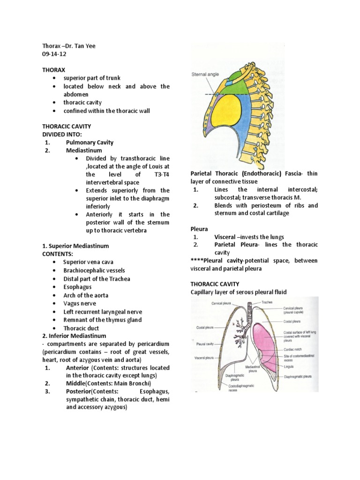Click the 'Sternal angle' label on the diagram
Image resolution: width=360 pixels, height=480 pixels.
click(204, 74)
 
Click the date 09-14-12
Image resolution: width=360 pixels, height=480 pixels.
click(55, 54)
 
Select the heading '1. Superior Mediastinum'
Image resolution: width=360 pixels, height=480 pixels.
click(75, 246)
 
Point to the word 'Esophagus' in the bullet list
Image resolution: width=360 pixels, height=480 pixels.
click(78, 286)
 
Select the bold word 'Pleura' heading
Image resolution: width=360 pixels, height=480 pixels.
click(199, 229)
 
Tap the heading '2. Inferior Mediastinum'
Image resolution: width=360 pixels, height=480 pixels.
click(74, 336)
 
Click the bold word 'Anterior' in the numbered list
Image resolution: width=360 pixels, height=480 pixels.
click(79, 368)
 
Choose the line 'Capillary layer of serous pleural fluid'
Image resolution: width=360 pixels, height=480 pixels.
click(238, 292)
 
